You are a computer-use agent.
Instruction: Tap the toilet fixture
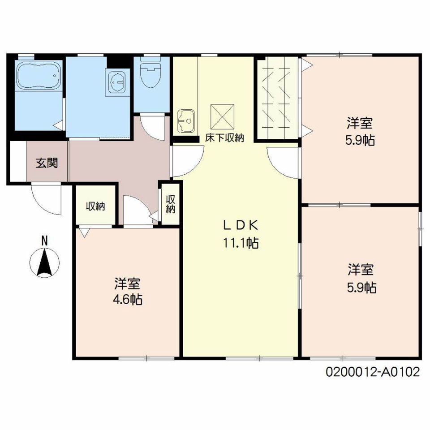(151, 73)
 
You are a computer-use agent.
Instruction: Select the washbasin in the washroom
(117, 82)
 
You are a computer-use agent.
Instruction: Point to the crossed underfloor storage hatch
(223, 116)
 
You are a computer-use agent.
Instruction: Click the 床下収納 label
(224, 138)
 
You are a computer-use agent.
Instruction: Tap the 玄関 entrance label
(47, 163)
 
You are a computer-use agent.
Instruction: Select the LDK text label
(240, 225)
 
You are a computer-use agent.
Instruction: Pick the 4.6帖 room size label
(128, 299)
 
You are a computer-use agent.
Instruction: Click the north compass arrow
(44, 262)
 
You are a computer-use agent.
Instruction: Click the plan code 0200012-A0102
(373, 372)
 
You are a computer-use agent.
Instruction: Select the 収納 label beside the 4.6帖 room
(95, 206)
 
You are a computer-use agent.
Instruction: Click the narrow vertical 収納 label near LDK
(170, 204)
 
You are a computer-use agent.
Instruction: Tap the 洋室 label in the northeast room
(360, 123)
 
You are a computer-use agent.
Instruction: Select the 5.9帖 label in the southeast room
(362, 288)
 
